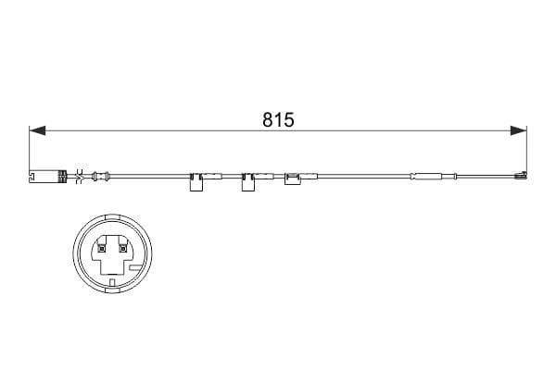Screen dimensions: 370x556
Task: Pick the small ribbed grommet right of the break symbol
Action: coord(100,175)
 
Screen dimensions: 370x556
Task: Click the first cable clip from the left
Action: coord(197,182)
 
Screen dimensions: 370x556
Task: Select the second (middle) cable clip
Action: coord(248,182)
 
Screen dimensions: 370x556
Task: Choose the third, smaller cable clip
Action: coord(293,179)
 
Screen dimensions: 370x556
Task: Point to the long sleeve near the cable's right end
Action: coord(428,175)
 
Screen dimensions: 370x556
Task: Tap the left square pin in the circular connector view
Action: coord(101,247)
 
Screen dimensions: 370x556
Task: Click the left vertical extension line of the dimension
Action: coord(30,153)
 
